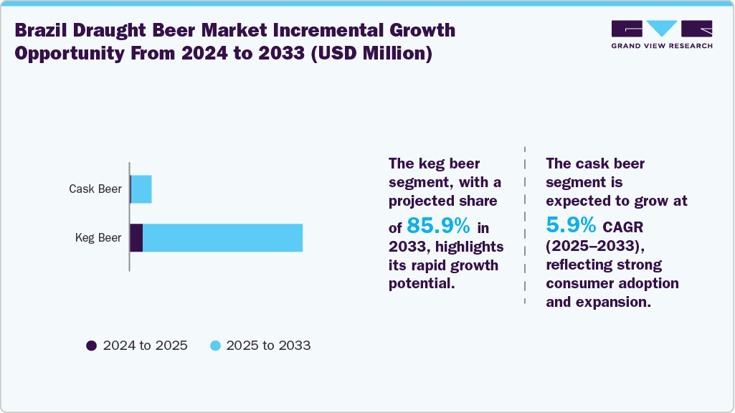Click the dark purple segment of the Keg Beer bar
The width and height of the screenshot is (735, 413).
(136, 238)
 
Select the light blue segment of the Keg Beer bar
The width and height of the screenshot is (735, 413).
(222, 238)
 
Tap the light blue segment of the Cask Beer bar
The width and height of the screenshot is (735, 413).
(141, 189)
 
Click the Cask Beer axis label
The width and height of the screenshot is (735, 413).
(95, 189)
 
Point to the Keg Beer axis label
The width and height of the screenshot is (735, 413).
(98, 238)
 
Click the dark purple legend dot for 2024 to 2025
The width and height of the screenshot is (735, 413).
(91, 346)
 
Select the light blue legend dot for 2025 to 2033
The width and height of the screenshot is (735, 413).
(214, 346)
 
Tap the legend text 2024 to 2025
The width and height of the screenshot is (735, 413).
(145, 346)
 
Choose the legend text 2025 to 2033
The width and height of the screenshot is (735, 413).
(268, 346)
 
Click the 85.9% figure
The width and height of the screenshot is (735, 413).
(438, 226)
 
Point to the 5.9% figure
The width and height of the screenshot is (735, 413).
(571, 226)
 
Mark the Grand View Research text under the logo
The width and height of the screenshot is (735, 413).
(662, 46)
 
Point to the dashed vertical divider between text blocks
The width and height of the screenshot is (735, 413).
(525, 222)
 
